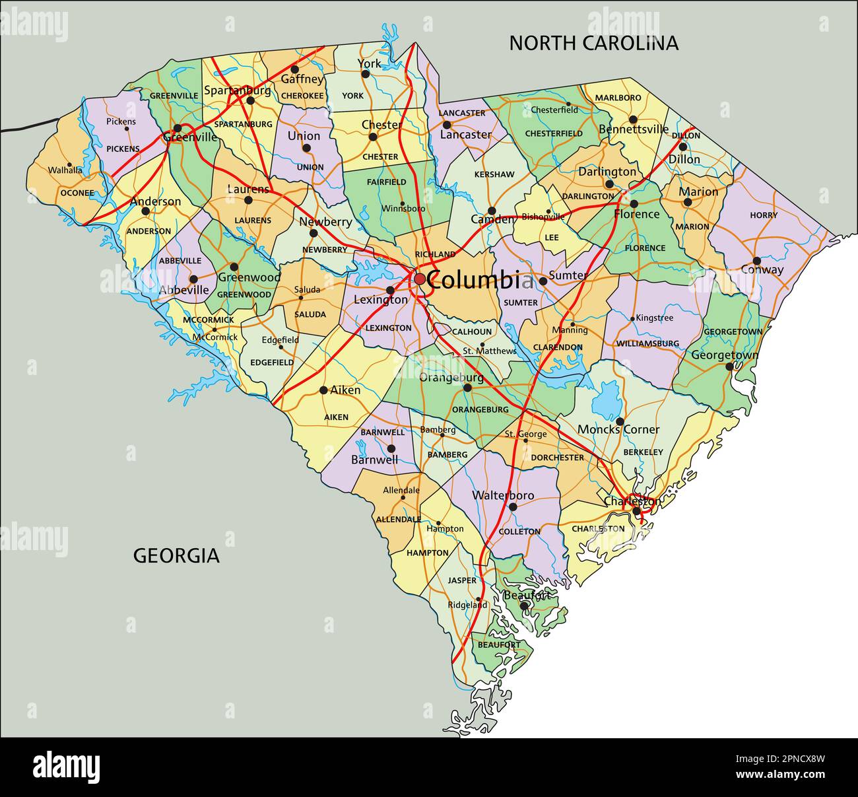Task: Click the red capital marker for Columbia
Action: (x=420, y=279)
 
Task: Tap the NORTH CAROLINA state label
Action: (x=593, y=43)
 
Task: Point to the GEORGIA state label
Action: (x=176, y=555)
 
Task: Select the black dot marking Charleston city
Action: (x=636, y=511)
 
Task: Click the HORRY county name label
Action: (x=764, y=215)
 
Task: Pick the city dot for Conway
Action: (x=756, y=261)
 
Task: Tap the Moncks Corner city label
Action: (x=618, y=430)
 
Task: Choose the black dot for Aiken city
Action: (x=323, y=390)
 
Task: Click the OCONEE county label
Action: (x=77, y=193)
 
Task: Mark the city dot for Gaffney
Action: (x=294, y=69)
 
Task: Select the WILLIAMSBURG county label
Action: (x=647, y=343)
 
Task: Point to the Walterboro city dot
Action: (x=512, y=507)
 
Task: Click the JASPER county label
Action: (x=462, y=580)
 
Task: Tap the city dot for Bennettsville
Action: (x=632, y=120)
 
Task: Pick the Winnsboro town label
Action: (x=403, y=209)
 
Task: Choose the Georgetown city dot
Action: (x=729, y=366)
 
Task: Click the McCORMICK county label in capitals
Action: (x=209, y=320)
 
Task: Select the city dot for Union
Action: (x=306, y=148)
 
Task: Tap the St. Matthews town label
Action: (x=489, y=351)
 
